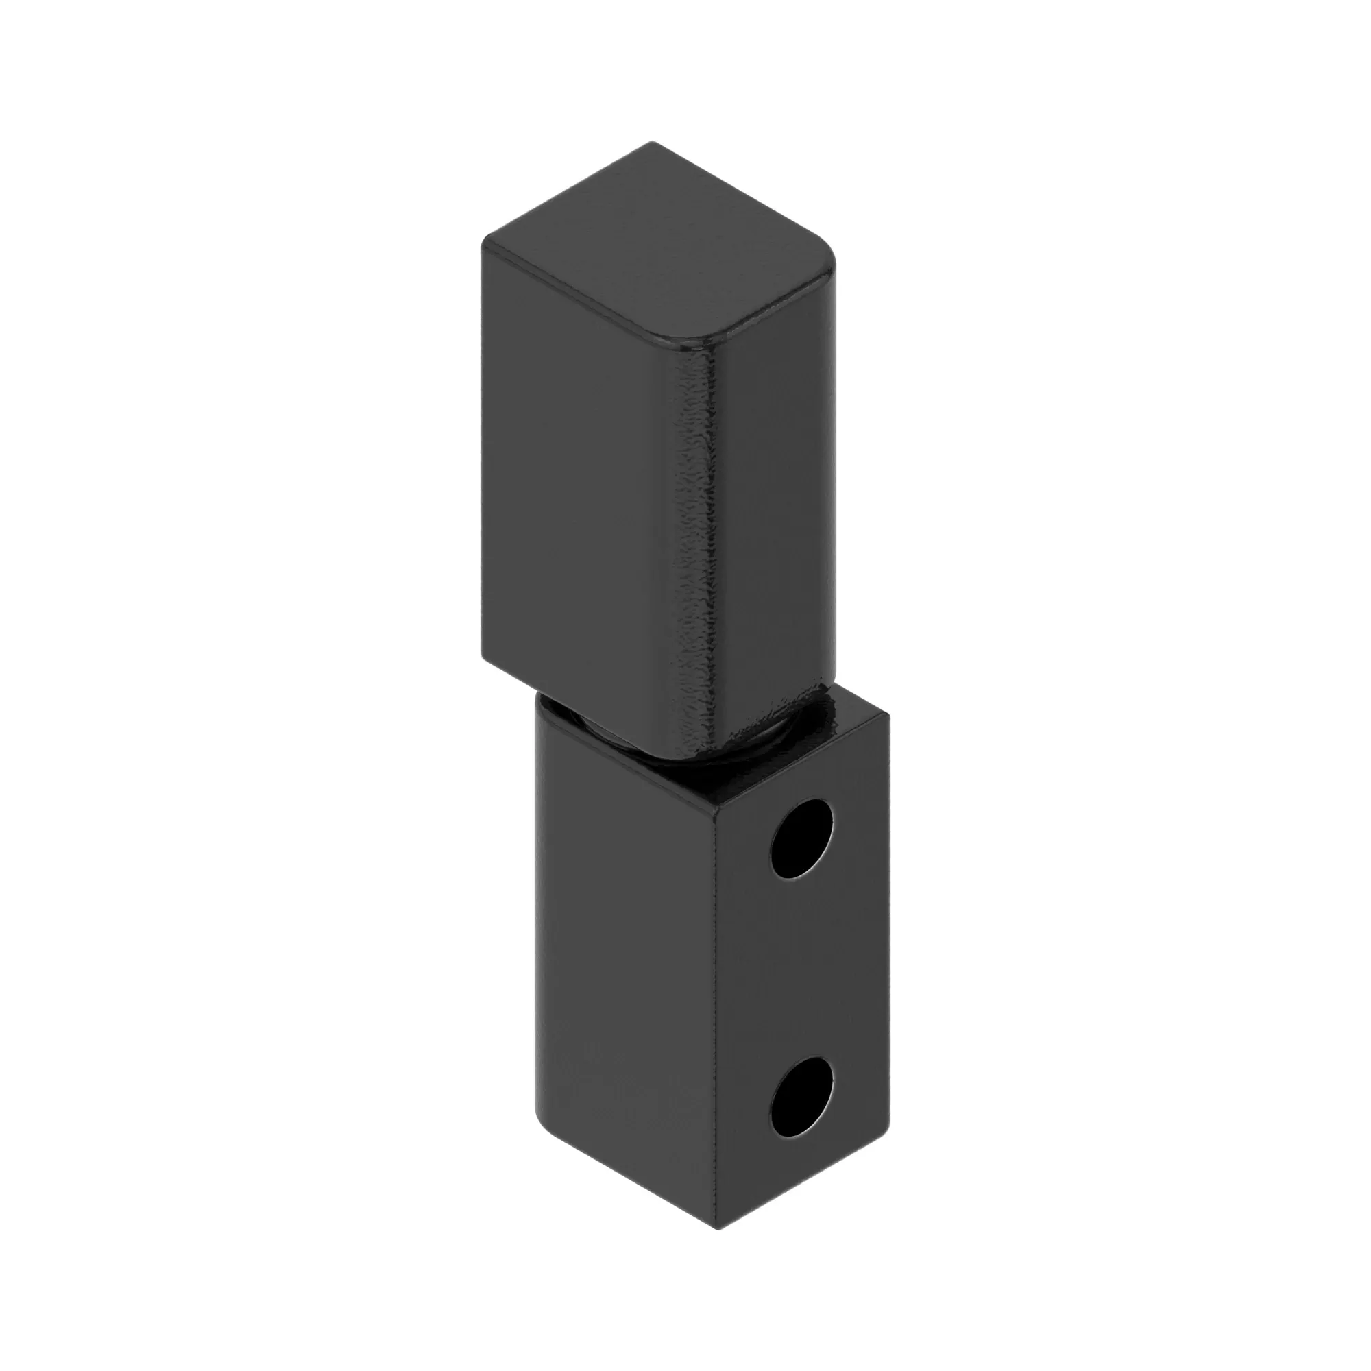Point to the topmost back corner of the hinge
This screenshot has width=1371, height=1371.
652,143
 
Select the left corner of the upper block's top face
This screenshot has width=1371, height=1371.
485,241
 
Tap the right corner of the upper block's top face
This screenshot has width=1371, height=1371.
832,264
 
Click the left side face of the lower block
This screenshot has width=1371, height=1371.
624,958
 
